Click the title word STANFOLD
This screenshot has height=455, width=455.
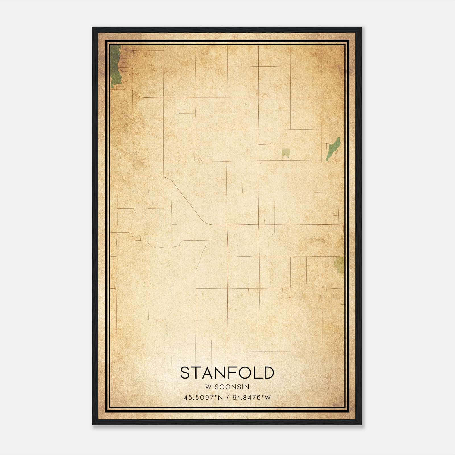point(227,373)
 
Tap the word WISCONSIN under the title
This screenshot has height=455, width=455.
point(227,387)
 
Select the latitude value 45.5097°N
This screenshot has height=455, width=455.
point(203,398)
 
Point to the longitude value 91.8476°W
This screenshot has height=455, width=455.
point(252,398)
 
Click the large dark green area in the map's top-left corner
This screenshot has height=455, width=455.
point(115,65)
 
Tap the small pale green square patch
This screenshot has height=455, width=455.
point(286,153)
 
